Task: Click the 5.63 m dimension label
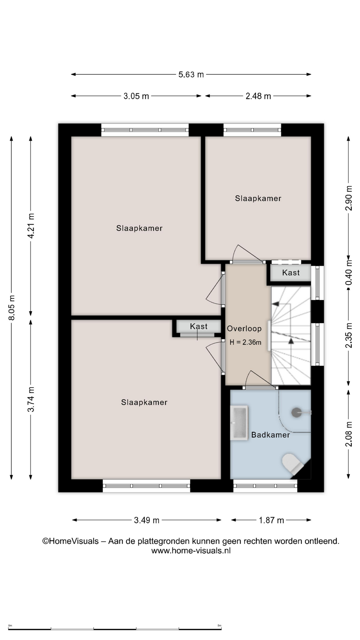191,74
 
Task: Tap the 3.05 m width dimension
136,96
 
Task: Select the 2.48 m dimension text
258,96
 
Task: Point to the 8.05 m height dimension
12,308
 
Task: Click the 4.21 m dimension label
31,226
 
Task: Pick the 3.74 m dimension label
31,399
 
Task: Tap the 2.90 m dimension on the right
349,198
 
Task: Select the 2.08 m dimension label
349,434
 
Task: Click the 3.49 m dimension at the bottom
147,520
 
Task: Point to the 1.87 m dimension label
271,520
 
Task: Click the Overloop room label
244,329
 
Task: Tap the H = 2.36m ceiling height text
245,342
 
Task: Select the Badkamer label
271,435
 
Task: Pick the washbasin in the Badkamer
239,423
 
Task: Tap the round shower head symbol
297,413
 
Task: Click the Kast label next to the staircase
291,273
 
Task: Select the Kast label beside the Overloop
199,326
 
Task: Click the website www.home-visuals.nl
191,551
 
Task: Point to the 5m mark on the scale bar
219,626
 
